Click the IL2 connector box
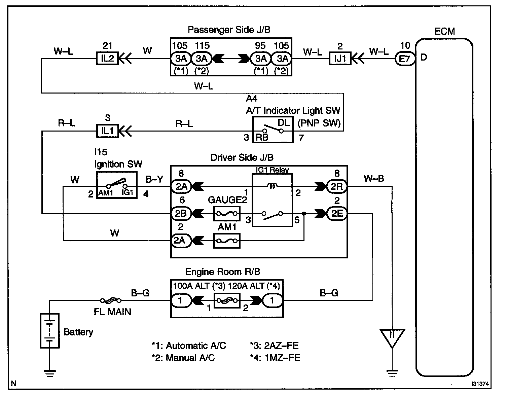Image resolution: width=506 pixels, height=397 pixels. [x=107, y=58]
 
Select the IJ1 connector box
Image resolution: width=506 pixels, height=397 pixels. [x=340, y=59]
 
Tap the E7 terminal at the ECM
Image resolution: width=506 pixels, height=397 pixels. [x=405, y=59]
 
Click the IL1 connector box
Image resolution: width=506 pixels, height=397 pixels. [x=107, y=131]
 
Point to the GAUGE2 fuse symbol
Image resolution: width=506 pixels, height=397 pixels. [x=226, y=213]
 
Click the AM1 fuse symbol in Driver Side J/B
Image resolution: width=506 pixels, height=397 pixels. [x=226, y=241]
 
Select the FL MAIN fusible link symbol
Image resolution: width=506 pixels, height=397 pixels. [x=111, y=300]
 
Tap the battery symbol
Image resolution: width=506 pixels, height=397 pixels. [x=49, y=331]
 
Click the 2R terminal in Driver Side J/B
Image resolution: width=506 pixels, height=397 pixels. [x=337, y=186]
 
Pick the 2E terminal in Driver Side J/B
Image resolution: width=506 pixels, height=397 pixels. [x=337, y=213]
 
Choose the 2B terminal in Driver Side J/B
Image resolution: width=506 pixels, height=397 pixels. [x=181, y=213]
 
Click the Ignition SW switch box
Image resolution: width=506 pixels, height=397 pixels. [x=117, y=185]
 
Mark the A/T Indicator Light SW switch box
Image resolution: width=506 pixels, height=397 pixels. [x=273, y=130]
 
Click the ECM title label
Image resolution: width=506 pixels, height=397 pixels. [x=444, y=31]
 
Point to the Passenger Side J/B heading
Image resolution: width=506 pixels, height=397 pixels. [x=229, y=30]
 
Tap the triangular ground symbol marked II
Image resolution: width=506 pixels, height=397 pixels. [x=392, y=338]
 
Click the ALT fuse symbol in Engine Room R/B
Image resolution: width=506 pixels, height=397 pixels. [x=226, y=300]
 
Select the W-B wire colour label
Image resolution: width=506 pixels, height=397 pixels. [x=374, y=179]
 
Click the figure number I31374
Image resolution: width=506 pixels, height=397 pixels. [x=480, y=384]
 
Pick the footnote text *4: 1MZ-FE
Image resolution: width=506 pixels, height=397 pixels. [x=275, y=358]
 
